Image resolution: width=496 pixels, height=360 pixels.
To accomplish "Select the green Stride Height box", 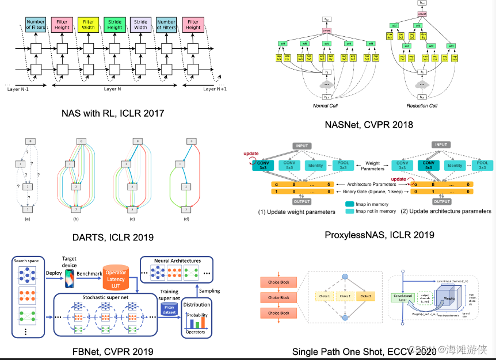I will tap(115, 24).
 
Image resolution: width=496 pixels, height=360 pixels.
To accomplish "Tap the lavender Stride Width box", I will tap(140, 24).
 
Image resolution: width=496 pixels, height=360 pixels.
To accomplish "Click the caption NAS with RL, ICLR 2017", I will tap(113, 113).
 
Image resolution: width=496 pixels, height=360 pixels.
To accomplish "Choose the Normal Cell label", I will tap(325, 106).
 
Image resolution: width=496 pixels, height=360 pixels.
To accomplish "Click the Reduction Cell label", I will tap(422, 106).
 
